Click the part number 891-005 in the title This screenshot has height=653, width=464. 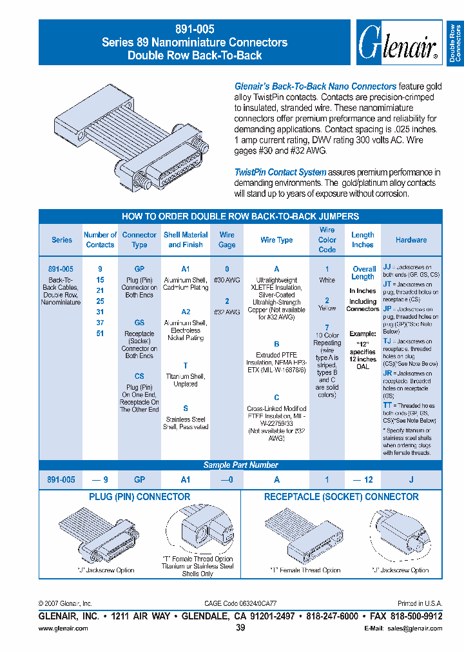tap(195, 29)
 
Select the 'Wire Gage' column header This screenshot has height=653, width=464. tap(227, 240)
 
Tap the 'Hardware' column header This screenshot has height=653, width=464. tap(411, 240)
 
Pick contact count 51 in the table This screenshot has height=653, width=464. tap(100, 334)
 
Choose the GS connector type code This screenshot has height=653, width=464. tap(139, 323)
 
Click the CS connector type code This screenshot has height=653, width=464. tap(139, 376)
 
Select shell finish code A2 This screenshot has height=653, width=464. tap(186, 312)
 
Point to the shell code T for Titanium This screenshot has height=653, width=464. tap(186, 365)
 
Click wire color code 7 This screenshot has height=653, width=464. tap(327, 327)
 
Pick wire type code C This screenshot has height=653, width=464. tap(276, 397)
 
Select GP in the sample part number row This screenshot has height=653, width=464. tap(139, 479)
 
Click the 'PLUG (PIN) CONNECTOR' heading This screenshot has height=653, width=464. tap(139, 497)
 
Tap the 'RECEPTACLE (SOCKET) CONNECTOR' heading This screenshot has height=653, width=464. tap(342, 497)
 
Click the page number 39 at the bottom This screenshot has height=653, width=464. tap(240, 628)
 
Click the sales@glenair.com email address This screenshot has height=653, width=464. tap(412, 628)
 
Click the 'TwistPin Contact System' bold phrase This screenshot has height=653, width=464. tap(280, 172)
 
